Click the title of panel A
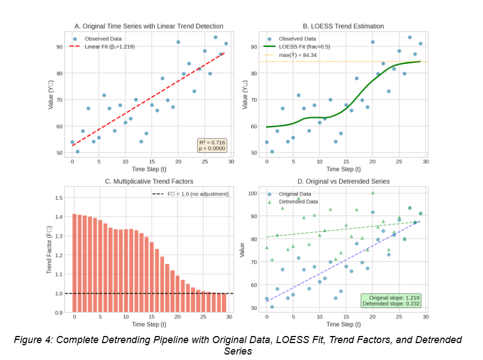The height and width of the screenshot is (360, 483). point(149,26)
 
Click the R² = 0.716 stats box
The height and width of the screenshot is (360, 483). point(212,145)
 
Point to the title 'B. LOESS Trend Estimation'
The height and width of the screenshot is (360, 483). point(343,26)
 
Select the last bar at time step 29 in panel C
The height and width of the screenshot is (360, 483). point(224,303)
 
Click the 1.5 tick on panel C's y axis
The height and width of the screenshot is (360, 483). point(59,197)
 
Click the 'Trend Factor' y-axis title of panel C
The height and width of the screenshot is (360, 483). point(49,251)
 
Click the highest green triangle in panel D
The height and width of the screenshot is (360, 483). point(373,193)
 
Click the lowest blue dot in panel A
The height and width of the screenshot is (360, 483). point(77,152)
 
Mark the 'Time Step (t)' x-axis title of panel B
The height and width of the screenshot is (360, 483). point(343,170)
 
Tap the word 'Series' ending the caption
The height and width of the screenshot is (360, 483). point(238,351)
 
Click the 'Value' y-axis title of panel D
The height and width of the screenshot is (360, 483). point(243,251)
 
